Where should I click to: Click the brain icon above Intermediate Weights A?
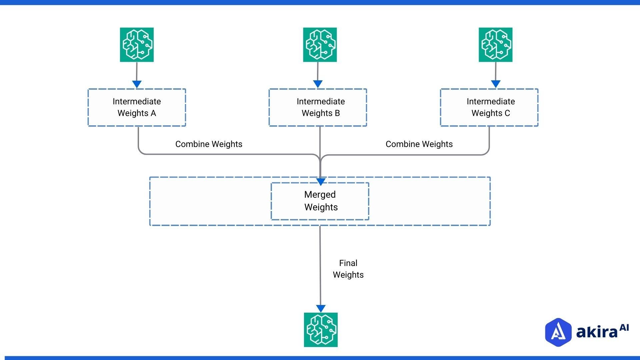[137, 45]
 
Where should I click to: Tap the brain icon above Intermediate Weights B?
[320, 45]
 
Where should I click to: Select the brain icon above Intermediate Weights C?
[495, 45]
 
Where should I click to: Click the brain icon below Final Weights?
[321, 330]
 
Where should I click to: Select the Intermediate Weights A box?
[137, 107]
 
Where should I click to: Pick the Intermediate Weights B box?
[318, 107]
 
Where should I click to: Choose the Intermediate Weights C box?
[489, 107]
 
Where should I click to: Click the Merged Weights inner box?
[320, 201]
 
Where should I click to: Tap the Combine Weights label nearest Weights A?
[209, 144]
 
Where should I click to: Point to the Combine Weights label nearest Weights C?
[419, 144]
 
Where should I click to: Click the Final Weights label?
[348, 269]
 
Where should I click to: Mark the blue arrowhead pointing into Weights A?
[137, 84]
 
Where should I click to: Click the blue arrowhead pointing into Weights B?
[318, 84]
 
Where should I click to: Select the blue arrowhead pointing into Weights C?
[496, 84]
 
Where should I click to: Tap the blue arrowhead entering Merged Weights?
[320, 182]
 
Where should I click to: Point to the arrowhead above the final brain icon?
[321, 308]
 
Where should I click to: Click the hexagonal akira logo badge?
[558, 332]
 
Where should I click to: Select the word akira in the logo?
[597, 332]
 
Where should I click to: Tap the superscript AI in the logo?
[624, 328]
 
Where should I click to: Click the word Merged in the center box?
[320, 195]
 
